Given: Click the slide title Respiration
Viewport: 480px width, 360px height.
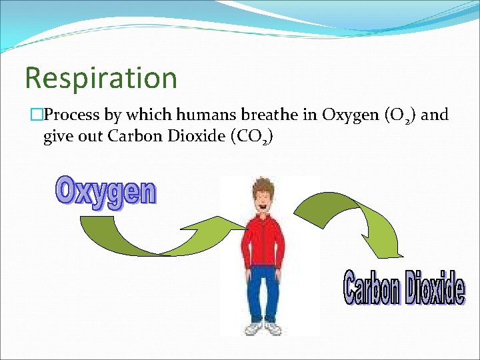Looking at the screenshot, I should click(x=101, y=78).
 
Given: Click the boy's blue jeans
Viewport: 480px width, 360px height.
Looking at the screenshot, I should click(x=265, y=293).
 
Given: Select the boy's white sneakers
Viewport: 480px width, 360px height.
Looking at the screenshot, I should click(x=263, y=328).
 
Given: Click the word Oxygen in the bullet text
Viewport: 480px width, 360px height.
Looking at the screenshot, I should click(x=350, y=115).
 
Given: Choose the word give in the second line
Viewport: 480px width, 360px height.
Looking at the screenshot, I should click(x=57, y=138).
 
